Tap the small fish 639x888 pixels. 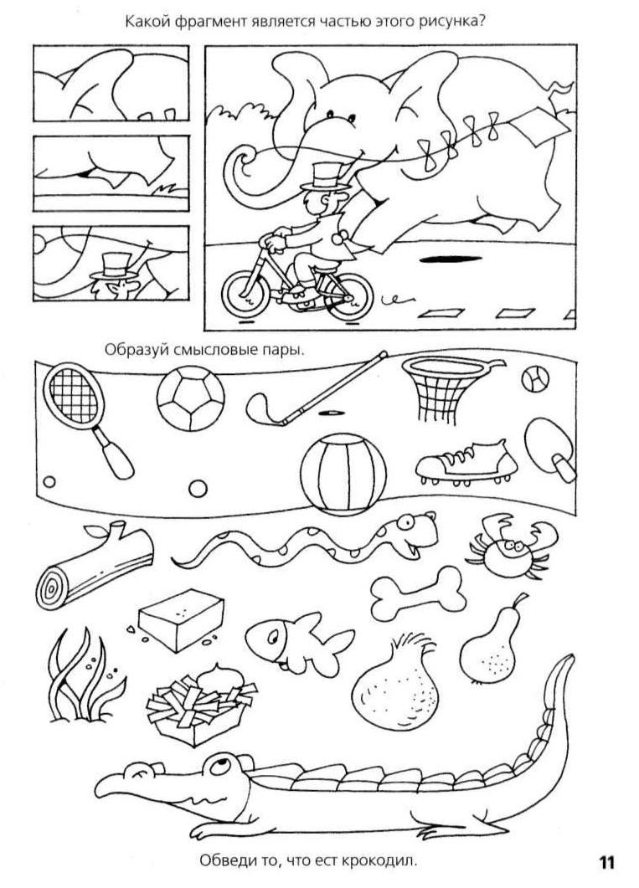coord(298,642)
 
